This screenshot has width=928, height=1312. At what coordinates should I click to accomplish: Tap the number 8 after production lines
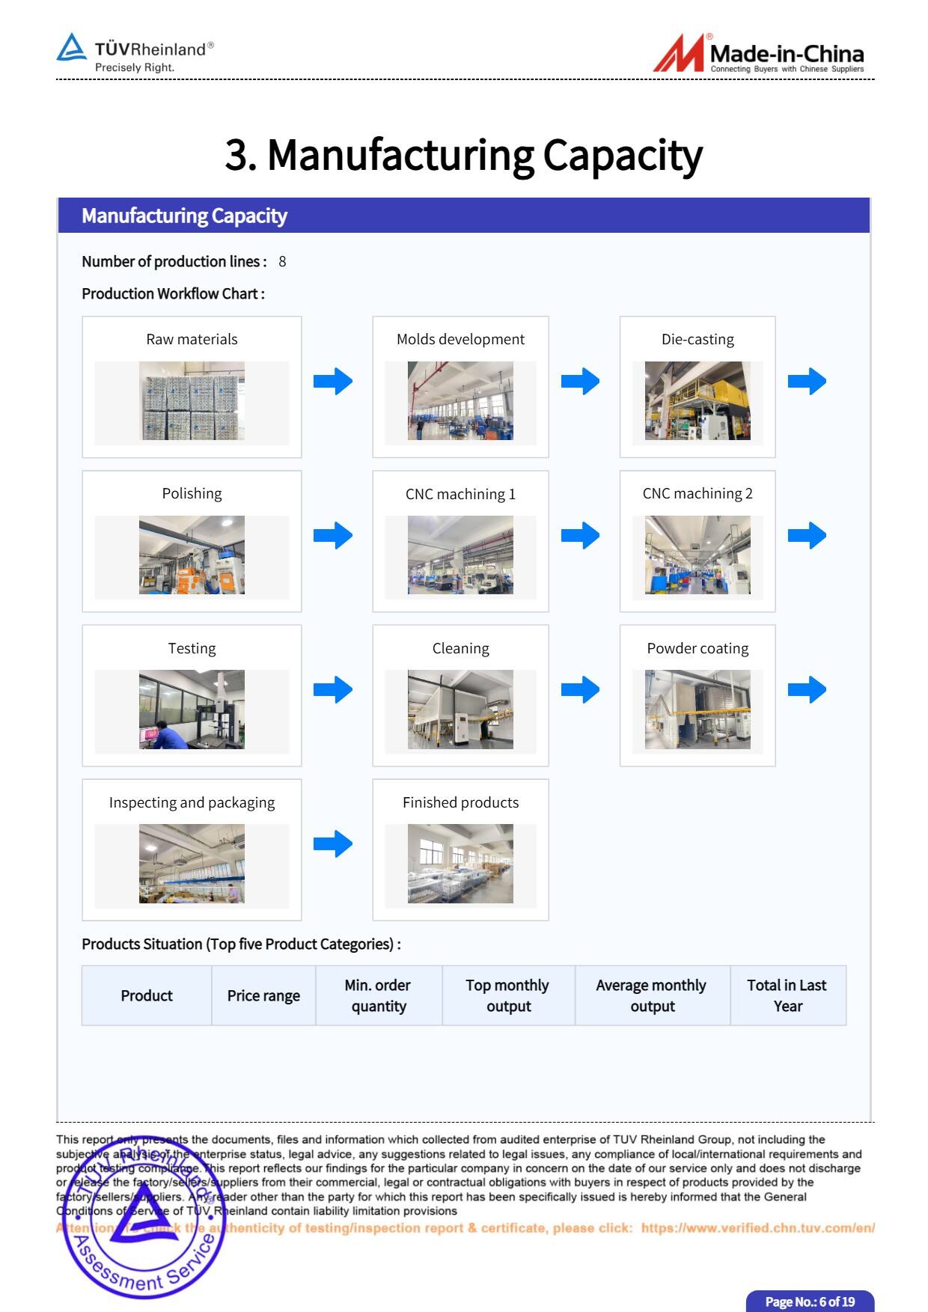(x=282, y=261)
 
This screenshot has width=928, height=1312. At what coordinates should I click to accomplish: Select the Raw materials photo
(x=192, y=400)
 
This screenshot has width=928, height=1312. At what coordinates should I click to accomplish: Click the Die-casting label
(x=697, y=339)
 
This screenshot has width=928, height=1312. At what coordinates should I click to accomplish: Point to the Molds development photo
(x=460, y=400)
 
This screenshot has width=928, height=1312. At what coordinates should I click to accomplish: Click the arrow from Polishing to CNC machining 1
(x=333, y=535)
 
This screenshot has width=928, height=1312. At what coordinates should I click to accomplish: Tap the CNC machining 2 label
(x=697, y=493)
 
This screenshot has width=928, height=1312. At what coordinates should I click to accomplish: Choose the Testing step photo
(x=192, y=709)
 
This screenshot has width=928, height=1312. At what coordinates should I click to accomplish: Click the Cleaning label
(x=460, y=648)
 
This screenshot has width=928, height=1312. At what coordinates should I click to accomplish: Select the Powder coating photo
(x=697, y=709)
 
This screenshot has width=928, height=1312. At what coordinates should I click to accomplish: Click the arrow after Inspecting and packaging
(x=333, y=843)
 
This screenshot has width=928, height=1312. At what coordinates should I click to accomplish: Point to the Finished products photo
(x=460, y=863)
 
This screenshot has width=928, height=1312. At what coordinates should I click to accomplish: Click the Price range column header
(x=263, y=995)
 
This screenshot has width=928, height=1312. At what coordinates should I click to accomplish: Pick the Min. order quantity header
(x=378, y=995)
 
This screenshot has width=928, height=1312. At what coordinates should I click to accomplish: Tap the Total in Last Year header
(x=787, y=995)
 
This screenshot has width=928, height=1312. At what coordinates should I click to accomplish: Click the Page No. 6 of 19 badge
(x=810, y=1302)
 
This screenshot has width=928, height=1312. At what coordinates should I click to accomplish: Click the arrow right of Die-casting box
(x=807, y=381)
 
